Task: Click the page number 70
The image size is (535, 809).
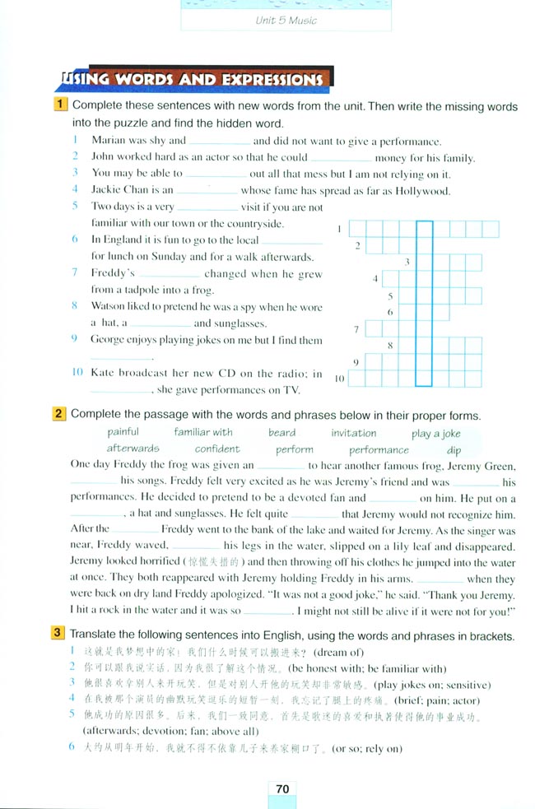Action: (282, 788)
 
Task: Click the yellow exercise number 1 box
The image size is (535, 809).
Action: (61, 105)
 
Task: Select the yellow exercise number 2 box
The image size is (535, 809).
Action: (60, 415)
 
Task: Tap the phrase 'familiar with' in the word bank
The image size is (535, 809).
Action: (203, 432)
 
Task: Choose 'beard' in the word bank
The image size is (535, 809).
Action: (281, 432)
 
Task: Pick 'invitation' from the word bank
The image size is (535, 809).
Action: (354, 433)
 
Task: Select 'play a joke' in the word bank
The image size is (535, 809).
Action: (435, 434)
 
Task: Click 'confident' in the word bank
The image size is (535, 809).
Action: (217, 449)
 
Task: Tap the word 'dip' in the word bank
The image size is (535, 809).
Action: (454, 450)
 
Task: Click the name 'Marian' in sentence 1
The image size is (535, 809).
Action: (108, 140)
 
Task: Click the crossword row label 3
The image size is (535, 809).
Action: (407, 262)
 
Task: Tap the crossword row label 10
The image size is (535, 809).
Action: (340, 379)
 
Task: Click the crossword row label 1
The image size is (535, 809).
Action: (340, 229)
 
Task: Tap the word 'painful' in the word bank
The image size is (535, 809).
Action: (123, 432)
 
